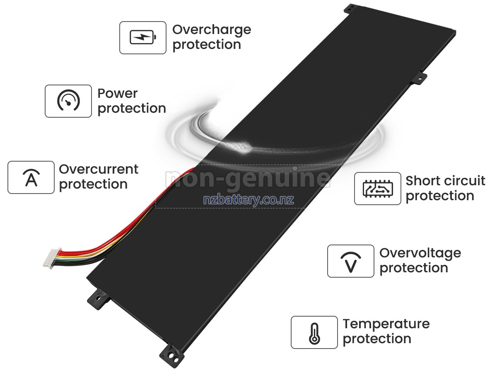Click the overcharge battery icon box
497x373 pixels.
pyautogui.click(x=143, y=38)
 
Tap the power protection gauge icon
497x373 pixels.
pyautogui.click(x=68, y=101)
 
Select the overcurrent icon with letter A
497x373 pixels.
pyautogui.click(x=31, y=177)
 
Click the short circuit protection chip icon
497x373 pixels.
pyautogui.click(x=377, y=189)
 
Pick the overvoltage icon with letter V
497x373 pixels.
pyautogui.click(x=351, y=261)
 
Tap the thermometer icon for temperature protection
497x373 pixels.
pyautogui.click(x=314, y=332)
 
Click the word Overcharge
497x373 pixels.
pyautogui.click(x=212, y=30)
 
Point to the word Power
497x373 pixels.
pyautogui.click(x=117, y=94)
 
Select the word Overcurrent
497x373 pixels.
pyautogui.click(x=99, y=170)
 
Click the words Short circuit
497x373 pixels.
pyautogui.click(x=445, y=181)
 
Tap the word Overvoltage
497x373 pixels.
pyautogui.click(x=420, y=253)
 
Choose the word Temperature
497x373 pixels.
pyautogui.click(x=386, y=324)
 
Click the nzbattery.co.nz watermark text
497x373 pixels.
pyautogui.click(x=248, y=200)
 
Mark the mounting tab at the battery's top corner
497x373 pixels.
pyautogui.click(x=350, y=7)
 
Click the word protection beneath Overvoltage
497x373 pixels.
pyautogui.click(x=414, y=268)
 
